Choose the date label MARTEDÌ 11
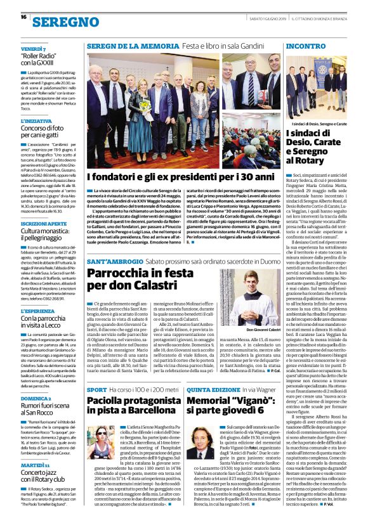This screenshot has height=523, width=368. pos(35,465)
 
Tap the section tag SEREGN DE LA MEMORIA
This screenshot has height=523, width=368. pos(125,46)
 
